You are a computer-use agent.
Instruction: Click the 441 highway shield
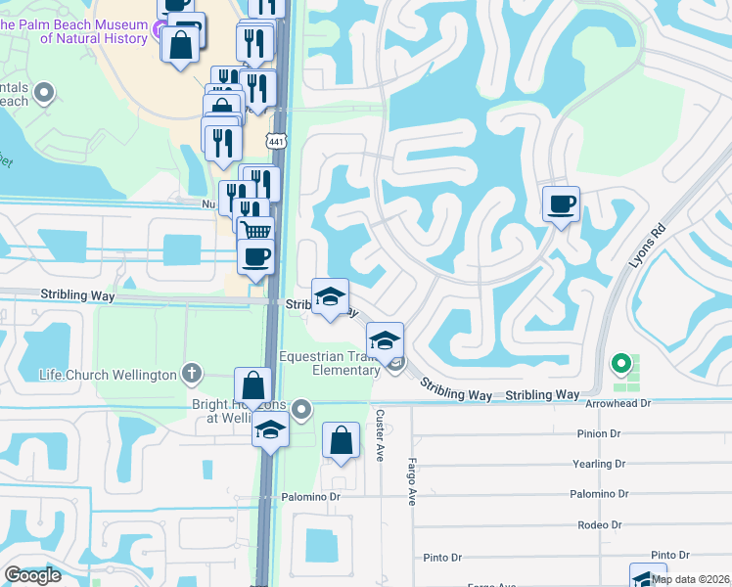[279, 143]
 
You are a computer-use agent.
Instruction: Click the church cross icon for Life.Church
[193, 374]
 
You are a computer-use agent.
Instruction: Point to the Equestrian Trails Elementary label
[330, 363]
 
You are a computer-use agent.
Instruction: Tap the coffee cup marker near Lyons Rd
[561, 203]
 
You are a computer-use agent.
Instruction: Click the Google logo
[33, 575]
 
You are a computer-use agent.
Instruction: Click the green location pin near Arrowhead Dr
[619, 364]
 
